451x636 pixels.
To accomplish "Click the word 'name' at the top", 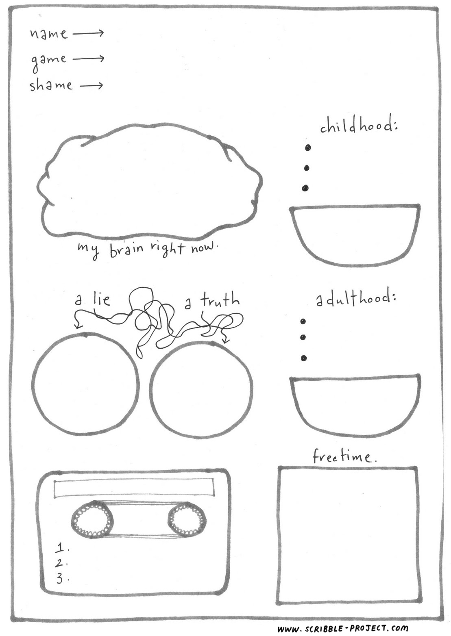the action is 48,34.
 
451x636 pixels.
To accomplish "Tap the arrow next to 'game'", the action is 88,59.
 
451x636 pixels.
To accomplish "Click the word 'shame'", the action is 51,85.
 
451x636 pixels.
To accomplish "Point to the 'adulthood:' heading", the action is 355,299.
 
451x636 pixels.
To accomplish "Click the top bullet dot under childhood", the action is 308,147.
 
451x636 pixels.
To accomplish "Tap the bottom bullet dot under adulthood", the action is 304,358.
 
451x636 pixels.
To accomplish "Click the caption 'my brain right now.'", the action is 148,249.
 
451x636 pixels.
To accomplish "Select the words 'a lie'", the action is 92,300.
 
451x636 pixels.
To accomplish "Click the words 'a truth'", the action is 212,301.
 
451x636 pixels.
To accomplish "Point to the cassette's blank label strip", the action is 134,487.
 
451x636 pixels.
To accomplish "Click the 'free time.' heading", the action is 344,456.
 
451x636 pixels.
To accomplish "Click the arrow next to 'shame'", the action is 92,86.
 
